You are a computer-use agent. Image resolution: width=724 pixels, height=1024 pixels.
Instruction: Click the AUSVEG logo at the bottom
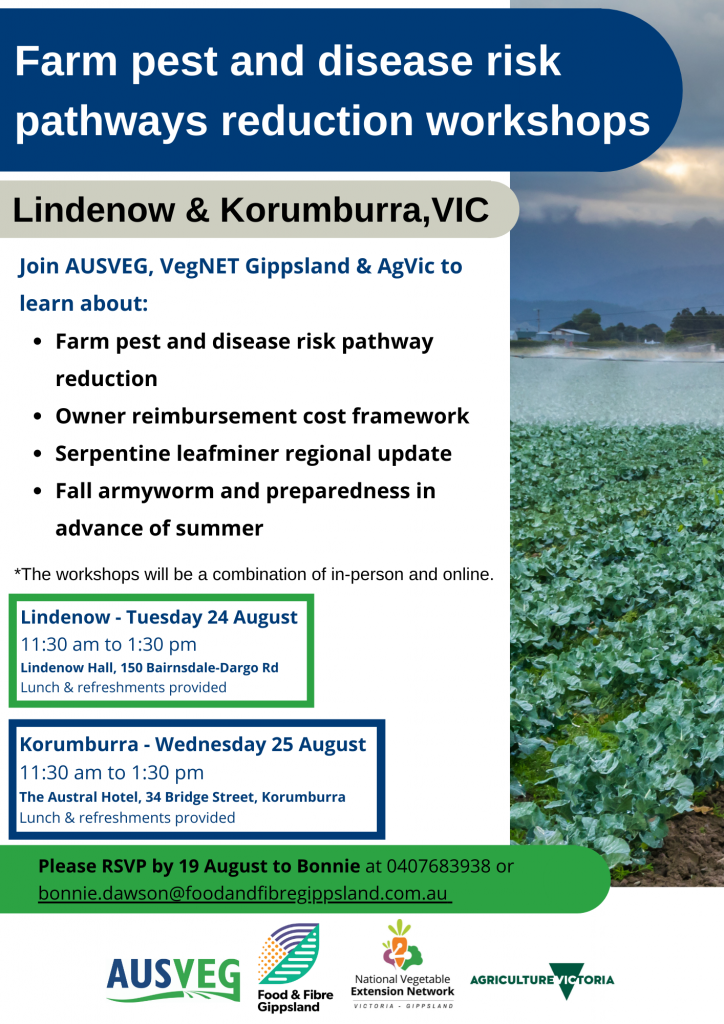click(173, 978)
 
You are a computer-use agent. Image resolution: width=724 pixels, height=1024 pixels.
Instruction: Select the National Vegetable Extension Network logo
click(402, 965)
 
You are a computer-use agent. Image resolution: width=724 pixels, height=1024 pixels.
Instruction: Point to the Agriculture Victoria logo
click(542, 980)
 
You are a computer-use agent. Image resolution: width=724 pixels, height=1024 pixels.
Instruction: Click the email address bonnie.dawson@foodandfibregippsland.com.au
click(243, 893)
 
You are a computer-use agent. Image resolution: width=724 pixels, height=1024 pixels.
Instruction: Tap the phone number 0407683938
click(438, 866)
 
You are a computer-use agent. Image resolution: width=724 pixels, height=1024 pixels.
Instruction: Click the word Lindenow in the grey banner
click(94, 210)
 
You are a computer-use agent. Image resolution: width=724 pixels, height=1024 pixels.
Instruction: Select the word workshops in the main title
click(538, 121)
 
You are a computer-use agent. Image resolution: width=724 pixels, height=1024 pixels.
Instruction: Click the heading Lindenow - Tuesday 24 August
click(159, 617)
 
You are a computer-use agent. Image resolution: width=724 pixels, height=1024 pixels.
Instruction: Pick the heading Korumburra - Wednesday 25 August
click(193, 744)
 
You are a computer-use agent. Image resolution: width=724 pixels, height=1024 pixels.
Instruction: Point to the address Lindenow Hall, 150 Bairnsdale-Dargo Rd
click(150, 667)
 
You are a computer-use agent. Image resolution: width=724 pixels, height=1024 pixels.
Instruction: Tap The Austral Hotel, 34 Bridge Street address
click(182, 797)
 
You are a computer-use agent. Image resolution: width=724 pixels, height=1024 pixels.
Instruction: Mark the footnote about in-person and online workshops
click(254, 574)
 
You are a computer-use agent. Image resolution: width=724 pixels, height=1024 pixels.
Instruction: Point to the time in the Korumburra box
click(112, 773)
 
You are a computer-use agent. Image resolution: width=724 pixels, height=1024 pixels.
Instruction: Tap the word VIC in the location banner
click(460, 210)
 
